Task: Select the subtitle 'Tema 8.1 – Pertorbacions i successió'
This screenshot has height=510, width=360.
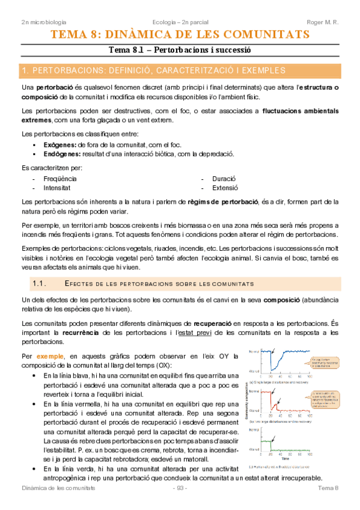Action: click(x=179, y=51)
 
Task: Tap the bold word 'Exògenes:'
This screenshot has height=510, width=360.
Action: click(x=59, y=145)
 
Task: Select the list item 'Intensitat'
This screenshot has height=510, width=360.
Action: click(x=57, y=188)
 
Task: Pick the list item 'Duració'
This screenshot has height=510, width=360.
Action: click(x=224, y=179)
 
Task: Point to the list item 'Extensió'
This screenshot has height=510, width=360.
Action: click(x=225, y=188)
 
